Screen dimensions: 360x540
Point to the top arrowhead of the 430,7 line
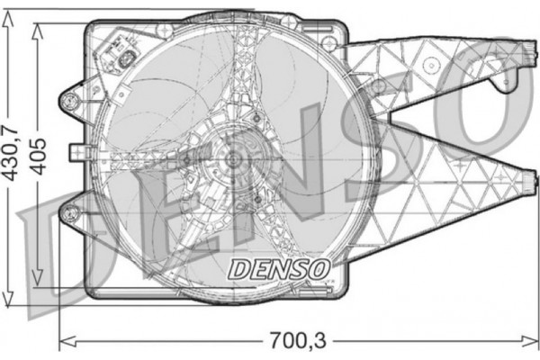click(11, 17)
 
